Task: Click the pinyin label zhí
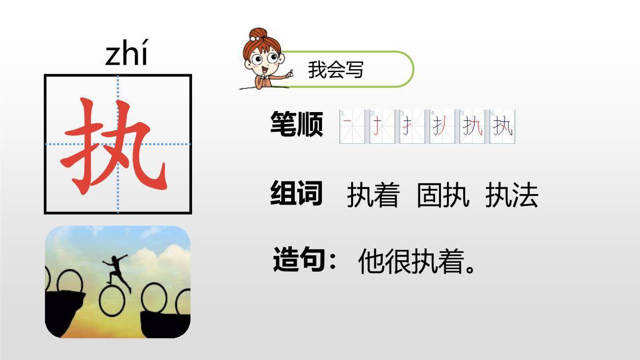pyautogui.click(x=126, y=55)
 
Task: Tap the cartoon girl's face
pyautogui.click(x=262, y=62)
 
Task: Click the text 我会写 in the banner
pyautogui.click(x=335, y=70)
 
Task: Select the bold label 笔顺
pyautogui.click(x=296, y=124)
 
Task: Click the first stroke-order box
pyautogui.click(x=352, y=127)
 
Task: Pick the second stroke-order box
pyautogui.click(x=382, y=127)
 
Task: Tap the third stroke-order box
pyautogui.click(x=412, y=127)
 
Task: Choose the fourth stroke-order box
pyautogui.click(x=442, y=127)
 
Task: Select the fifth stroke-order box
pyautogui.click(x=473, y=127)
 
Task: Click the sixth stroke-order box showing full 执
pyautogui.click(x=503, y=127)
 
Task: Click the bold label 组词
pyautogui.click(x=296, y=193)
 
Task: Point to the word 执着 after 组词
pyautogui.click(x=373, y=195)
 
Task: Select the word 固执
pyautogui.click(x=442, y=195)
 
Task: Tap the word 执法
pyautogui.click(x=512, y=195)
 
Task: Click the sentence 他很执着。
pyautogui.click(x=417, y=261)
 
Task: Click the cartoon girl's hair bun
pyautogui.click(x=256, y=35)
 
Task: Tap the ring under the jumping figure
pyautogui.click(x=112, y=301)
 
